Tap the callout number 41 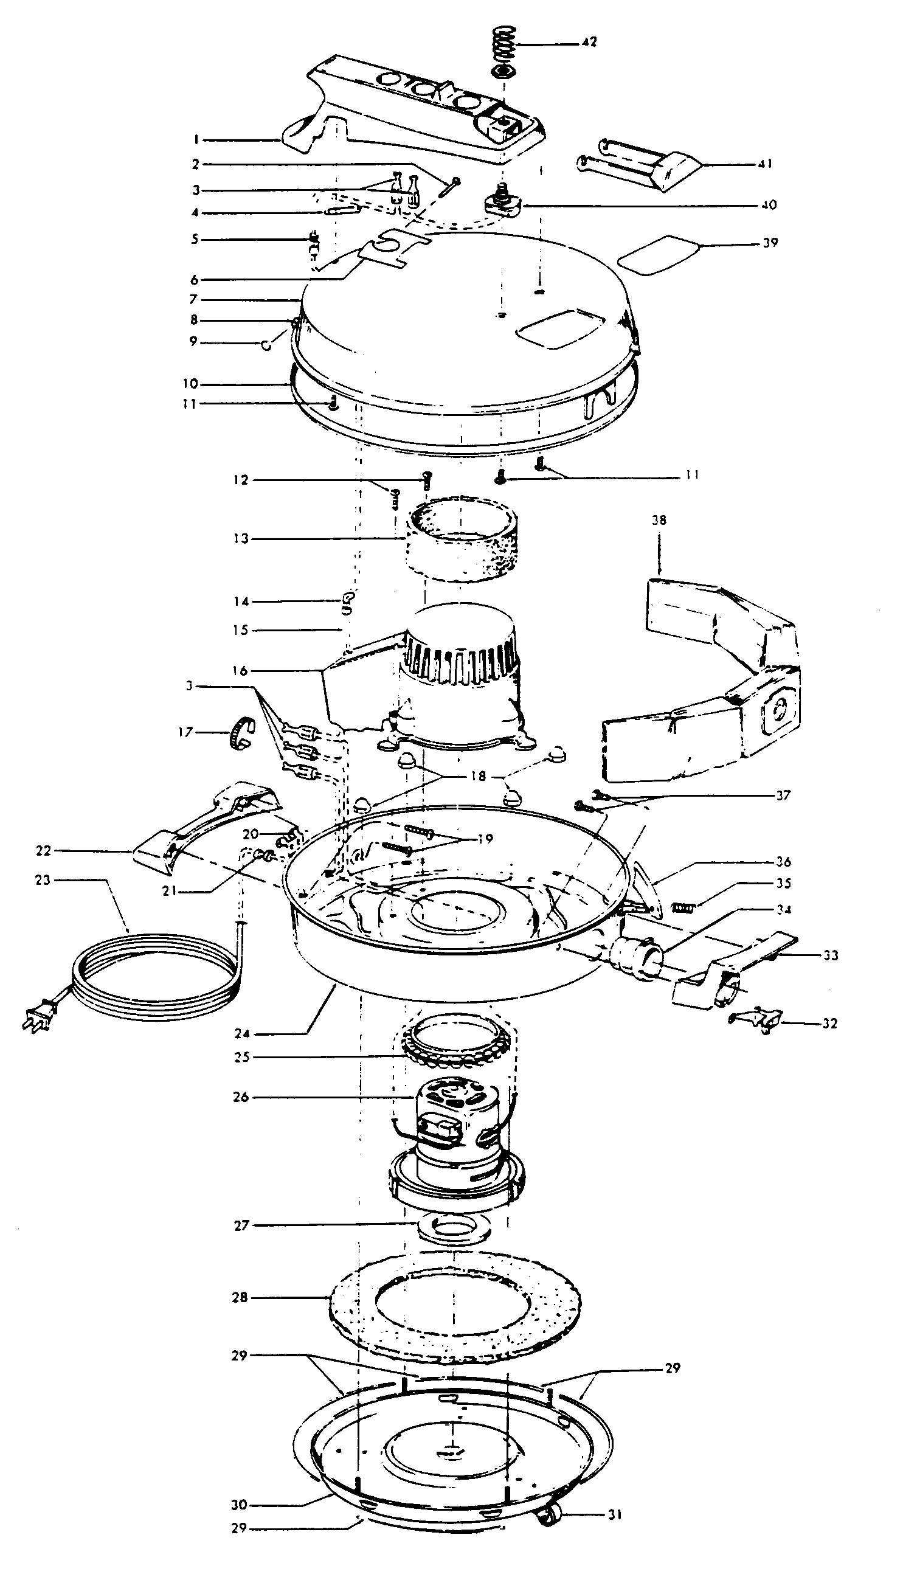coord(765,164)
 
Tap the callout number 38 coord(659,520)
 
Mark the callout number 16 coord(241,671)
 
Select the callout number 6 coord(194,279)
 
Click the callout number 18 coord(478,776)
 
